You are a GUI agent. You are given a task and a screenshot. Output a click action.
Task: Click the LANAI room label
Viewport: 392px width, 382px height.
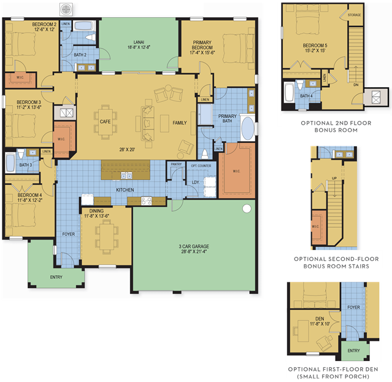coord(139,42)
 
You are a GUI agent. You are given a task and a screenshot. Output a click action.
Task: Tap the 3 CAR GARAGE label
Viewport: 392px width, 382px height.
coord(194,246)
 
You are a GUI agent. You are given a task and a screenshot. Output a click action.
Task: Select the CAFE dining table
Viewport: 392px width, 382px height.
coord(106,122)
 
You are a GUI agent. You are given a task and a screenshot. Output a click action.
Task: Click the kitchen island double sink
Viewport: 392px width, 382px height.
coord(126,176)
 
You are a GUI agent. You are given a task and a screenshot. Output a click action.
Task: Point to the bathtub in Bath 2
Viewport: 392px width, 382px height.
coord(84,26)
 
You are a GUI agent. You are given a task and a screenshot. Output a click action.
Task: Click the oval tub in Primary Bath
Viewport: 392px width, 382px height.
coord(247,128)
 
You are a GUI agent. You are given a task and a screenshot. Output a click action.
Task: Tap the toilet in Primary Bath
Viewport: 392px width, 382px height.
coord(205,154)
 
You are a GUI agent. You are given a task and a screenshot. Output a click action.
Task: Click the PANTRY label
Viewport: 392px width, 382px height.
coord(176,164)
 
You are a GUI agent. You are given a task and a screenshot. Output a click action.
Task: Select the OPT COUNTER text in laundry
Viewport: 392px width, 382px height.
coord(201,166)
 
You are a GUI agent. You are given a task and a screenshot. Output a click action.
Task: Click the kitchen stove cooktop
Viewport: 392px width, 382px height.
coord(147,201)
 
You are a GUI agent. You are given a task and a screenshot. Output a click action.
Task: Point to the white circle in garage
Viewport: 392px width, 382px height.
coord(247,209)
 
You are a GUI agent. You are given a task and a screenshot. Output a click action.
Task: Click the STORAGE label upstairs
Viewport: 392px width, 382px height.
coord(354,15)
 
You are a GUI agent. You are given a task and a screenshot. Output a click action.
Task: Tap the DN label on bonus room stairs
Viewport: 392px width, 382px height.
coord(356,85)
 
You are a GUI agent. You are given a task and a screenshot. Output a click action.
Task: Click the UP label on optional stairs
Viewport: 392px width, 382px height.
coord(334,178)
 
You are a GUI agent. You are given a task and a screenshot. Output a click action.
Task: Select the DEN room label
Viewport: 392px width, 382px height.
coord(320,319)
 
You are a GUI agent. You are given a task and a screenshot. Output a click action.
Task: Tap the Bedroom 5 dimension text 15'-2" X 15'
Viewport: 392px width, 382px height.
coord(315,50)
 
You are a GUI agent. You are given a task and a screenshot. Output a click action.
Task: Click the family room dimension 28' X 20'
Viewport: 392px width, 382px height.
coord(127,150)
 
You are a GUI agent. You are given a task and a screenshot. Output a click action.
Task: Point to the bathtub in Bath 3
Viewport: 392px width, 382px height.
coord(10,163)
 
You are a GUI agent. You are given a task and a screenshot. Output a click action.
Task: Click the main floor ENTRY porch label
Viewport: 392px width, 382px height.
coord(56,277)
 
